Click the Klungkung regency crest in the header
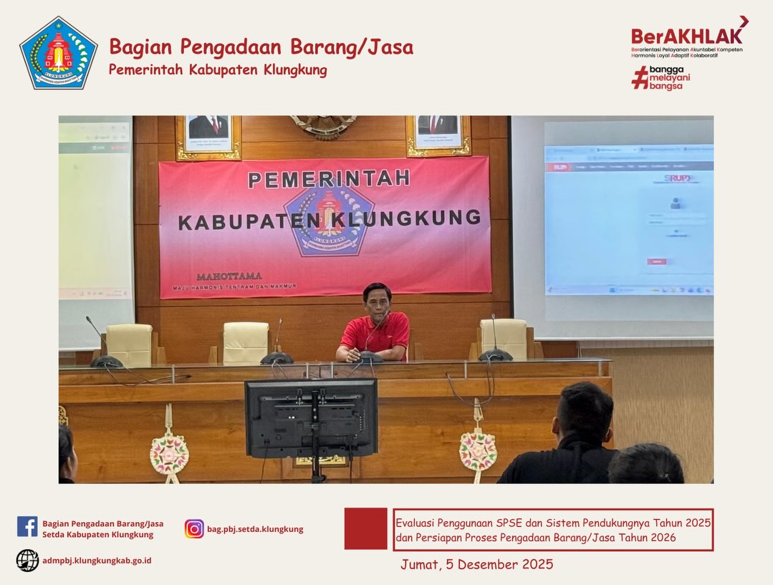pos(59,53)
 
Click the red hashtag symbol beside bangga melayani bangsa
pos(640,77)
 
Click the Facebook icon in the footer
pos(27,527)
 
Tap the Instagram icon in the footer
pos(194,529)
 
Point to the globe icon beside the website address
pos(27,560)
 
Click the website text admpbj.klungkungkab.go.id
pos(97,561)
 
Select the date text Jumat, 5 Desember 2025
pos(476,564)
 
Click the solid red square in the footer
pos(365,529)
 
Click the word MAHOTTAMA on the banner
pos(229,276)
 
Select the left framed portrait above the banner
pos(208,134)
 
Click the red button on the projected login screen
pos(656,261)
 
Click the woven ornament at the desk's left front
pos(169,453)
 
